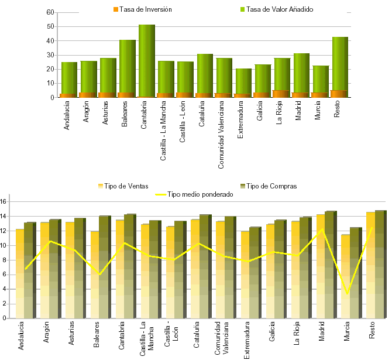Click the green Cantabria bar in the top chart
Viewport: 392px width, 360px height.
point(147,59)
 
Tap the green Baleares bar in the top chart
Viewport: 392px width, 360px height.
point(128,64)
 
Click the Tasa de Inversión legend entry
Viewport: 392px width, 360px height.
point(142,9)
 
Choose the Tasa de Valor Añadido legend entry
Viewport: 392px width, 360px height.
point(279,9)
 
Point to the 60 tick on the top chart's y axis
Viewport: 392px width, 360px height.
point(50,12)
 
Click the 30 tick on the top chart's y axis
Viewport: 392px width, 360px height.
point(50,55)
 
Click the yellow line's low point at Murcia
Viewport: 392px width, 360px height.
point(348,294)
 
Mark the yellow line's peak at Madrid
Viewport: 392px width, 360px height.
point(322,229)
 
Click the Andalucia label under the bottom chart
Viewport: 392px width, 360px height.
point(21,336)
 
